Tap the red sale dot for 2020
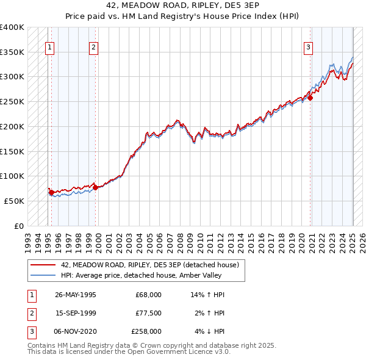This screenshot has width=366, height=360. (310, 98)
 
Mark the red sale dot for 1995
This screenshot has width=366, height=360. (51, 192)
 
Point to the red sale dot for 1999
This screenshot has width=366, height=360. (96, 187)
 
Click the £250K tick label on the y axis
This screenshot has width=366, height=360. (12, 101)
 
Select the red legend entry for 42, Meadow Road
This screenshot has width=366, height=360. (153, 265)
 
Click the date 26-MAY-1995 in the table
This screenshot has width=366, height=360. (76, 295)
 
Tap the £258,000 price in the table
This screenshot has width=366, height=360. (146, 331)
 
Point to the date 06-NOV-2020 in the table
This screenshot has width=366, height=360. (76, 331)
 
